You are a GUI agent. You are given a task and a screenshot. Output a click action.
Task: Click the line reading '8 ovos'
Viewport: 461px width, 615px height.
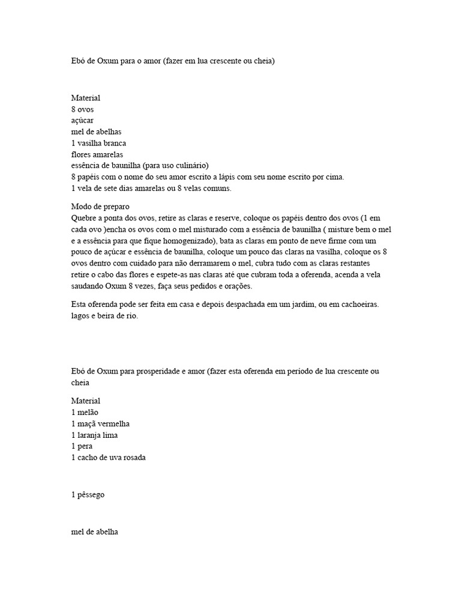82,109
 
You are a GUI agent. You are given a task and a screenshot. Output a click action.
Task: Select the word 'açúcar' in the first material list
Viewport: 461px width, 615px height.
82,121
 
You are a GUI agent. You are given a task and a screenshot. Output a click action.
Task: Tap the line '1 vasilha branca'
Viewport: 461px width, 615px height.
98,143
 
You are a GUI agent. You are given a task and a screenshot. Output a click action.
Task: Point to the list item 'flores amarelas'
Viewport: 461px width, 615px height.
97,154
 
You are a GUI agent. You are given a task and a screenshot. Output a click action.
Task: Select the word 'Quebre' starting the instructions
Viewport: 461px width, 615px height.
83,217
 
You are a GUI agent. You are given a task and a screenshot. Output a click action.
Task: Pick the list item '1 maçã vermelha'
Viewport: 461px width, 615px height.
100,423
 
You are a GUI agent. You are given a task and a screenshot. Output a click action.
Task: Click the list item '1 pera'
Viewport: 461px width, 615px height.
82,446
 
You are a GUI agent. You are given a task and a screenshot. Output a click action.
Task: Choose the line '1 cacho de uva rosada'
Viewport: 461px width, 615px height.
109,458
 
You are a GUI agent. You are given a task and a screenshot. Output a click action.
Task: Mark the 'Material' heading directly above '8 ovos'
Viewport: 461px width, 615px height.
86,98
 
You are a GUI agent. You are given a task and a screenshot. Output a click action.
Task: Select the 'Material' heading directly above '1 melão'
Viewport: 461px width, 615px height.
86,401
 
